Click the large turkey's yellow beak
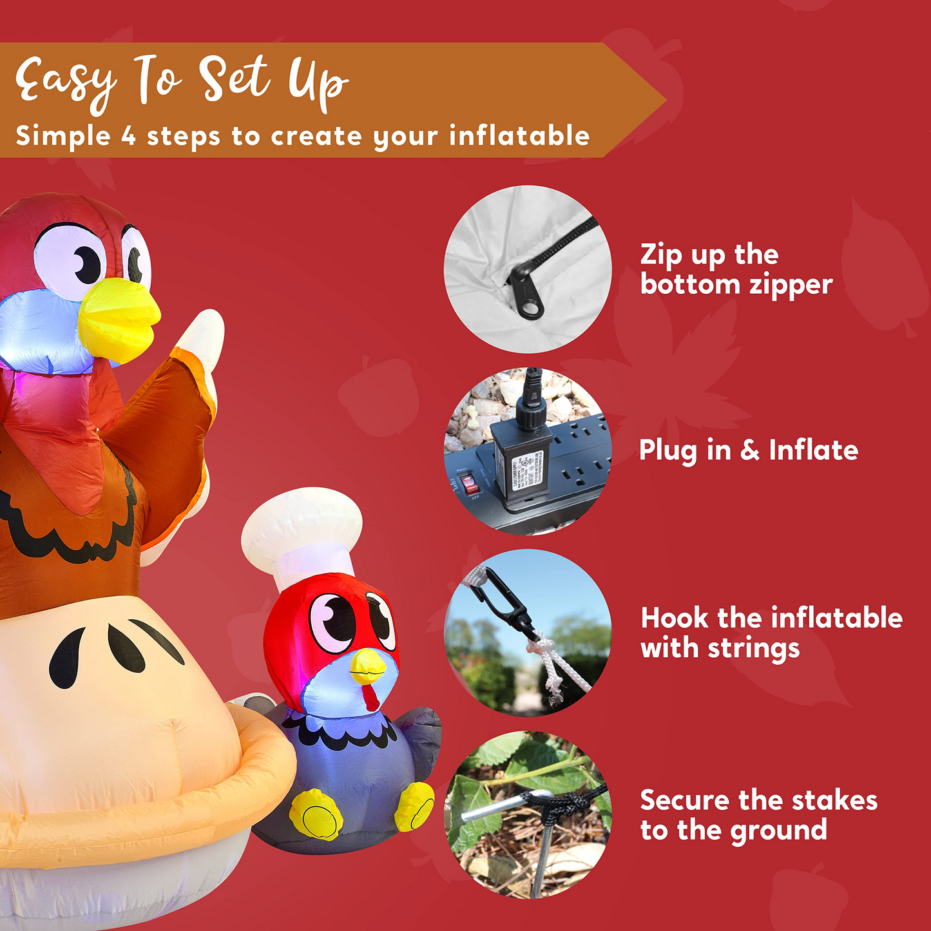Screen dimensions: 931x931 pos(119,319)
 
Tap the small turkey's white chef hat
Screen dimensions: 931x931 pos(302,537)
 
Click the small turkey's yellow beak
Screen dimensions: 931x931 pos(368,666)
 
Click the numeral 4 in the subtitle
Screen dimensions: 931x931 pos(128,135)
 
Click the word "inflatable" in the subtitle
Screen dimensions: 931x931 pos(519,135)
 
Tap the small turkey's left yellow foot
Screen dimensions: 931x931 pos(314,814)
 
